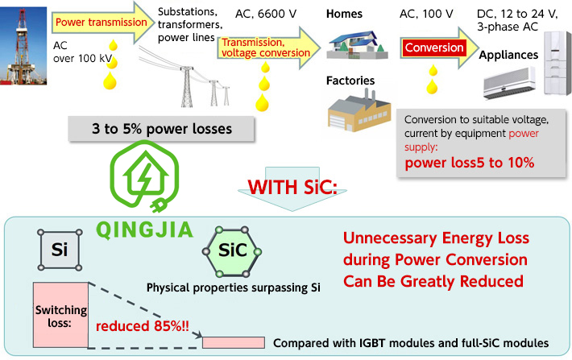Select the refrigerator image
[x=551, y=56]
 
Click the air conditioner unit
[x=510, y=84]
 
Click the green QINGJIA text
[x=146, y=229]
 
